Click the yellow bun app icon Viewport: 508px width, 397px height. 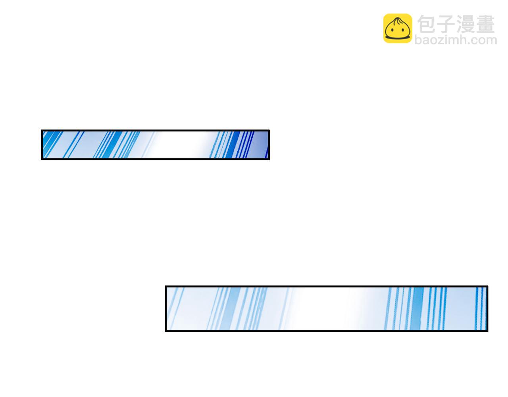click(397, 28)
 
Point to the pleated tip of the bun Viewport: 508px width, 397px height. click(397, 19)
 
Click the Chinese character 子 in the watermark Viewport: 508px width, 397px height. click(446, 24)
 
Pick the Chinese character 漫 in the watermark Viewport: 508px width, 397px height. click(466, 24)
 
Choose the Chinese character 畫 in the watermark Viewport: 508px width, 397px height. click(485, 24)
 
